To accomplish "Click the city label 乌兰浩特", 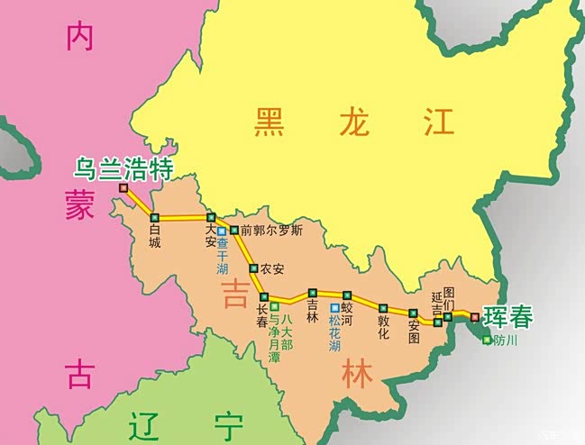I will tap(123, 168).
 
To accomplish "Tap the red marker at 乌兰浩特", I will tap(123, 187).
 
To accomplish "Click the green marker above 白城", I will tap(155, 218).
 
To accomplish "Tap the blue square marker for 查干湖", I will tap(222, 232).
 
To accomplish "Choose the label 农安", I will tap(271, 268).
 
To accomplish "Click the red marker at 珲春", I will tap(475, 316).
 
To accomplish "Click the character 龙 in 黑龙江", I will tap(354, 122).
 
